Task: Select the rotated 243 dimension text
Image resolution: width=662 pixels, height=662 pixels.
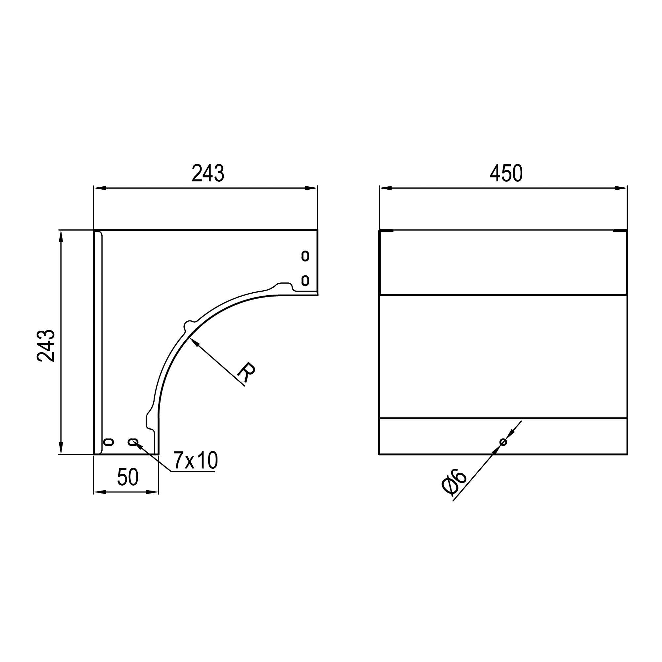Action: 46,346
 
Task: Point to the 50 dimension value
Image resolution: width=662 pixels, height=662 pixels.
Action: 128,477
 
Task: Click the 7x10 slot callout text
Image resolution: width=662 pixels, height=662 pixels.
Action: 195,460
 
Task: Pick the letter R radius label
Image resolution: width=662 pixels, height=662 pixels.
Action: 246,372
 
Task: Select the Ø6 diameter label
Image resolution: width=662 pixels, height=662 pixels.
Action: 454,483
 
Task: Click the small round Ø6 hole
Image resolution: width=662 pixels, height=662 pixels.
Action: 503,442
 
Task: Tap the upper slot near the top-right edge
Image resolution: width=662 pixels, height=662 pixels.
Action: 305,256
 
